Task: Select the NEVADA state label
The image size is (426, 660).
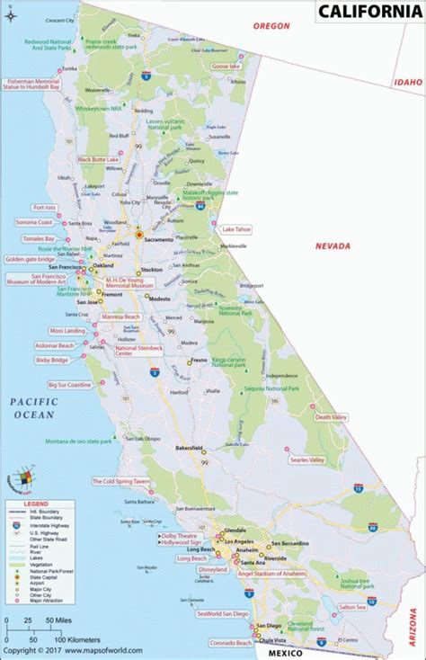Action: [x=332, y=245]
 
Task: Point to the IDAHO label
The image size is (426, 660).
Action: [x=406, y=82]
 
